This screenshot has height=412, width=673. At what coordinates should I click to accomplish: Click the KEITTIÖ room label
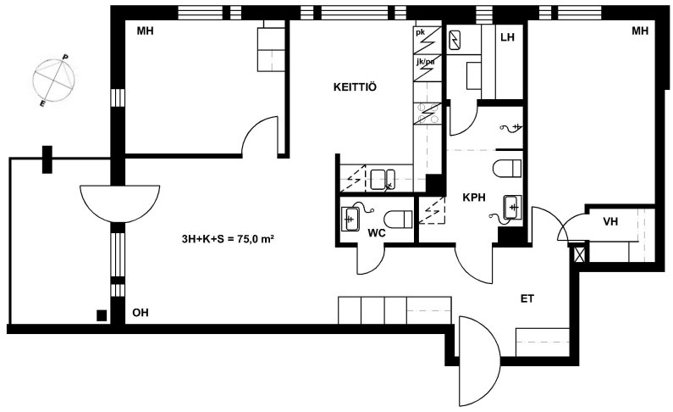tap(355, 87)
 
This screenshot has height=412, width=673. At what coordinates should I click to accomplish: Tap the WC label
tap(377, 233)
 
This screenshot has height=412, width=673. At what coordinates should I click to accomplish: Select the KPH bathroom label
tap(474, 198)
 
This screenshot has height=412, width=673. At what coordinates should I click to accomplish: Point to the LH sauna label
tap(507, 37)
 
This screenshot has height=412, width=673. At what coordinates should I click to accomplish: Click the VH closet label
tap(610, 221)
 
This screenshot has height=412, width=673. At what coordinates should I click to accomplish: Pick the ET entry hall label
tap(527, 298)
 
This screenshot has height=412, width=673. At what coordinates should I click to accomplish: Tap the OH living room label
tap(141, 313)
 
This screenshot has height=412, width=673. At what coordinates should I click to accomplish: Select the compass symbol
tap(53, 81)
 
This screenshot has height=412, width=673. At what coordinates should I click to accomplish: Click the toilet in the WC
tap(398, 219)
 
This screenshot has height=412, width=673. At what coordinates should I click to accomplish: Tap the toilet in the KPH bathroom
tap(507, 168)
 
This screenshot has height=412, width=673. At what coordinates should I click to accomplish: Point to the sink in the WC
tap(350, 219)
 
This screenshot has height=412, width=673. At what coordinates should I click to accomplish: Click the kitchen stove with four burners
tap(428, 114)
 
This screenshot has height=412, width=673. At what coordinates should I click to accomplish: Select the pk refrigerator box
tap(428, 41)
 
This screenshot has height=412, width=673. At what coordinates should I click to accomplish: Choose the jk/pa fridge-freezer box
tap(428, 68)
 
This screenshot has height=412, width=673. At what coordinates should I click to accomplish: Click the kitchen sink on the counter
tap(383, 180)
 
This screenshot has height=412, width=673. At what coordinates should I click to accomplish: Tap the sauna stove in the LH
tap(454, 40)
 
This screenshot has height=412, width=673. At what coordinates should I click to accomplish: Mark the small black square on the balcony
tap(102, 315)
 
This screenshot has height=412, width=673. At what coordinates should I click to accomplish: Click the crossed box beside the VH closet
tap(579, 253)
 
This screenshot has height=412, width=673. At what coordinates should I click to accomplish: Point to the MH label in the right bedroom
tap(640, 31)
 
